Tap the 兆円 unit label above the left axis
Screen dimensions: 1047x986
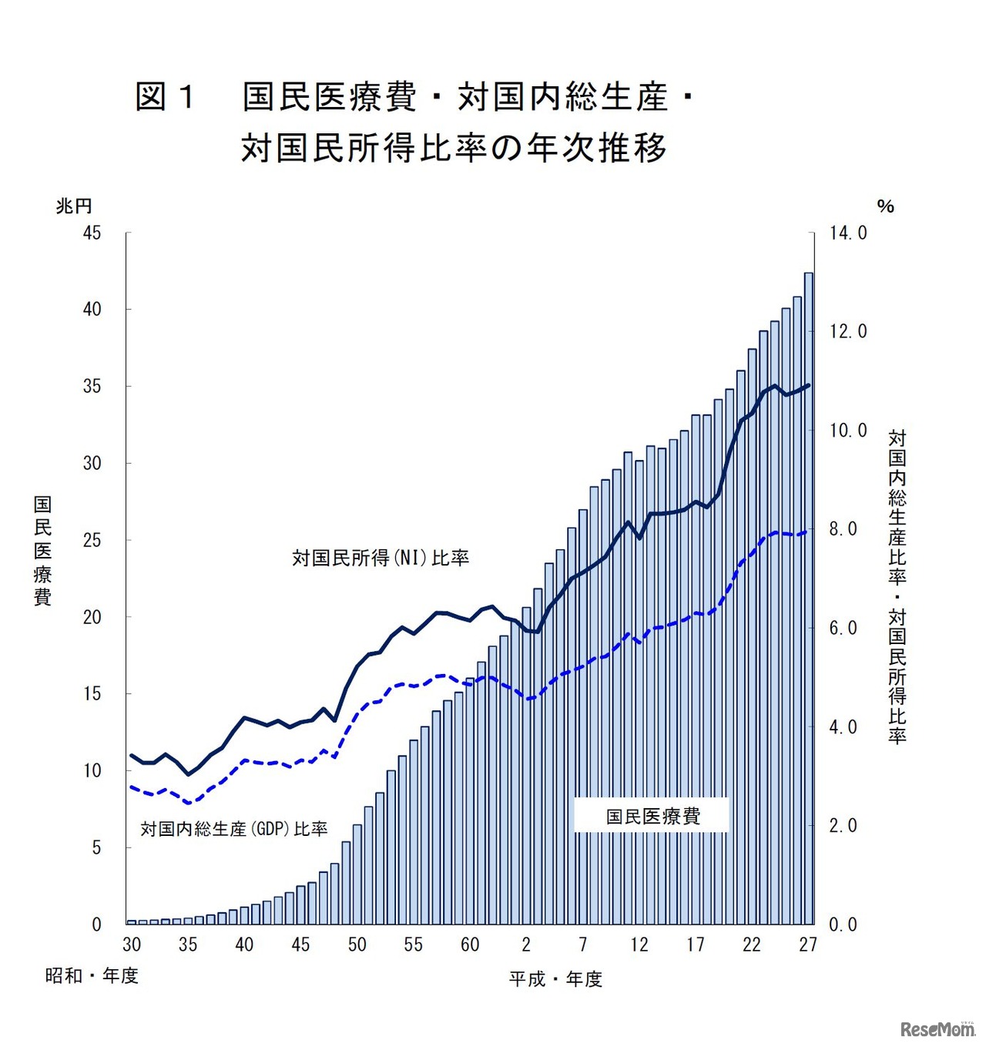point(74,206)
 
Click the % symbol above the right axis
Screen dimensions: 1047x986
point(885,206)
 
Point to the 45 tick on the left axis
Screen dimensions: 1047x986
point(92,233)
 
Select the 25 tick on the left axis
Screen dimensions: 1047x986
point(92,540)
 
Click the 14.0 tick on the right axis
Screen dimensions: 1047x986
point(847,233)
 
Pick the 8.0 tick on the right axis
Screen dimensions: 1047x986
point(843,529)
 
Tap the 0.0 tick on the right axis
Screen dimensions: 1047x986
point(843,925)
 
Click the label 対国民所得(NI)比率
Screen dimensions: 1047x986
point(381,558)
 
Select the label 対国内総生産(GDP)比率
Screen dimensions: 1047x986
point(234,829)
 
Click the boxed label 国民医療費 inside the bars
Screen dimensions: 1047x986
point(652,817)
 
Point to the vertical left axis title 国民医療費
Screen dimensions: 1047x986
point(42,550)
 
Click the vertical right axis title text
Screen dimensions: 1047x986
point(897,586)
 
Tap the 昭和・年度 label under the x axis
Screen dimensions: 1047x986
point(92,975)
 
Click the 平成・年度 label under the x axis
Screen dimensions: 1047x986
point(555,978)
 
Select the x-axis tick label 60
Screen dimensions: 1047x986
point(470,945)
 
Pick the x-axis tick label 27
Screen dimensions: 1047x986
point(808,945)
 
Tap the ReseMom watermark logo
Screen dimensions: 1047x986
point(937,1029)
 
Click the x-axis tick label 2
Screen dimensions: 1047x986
point(526,945)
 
